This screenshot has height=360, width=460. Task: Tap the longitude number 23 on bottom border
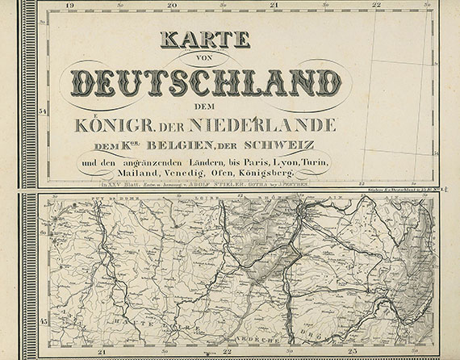[353, 352]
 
